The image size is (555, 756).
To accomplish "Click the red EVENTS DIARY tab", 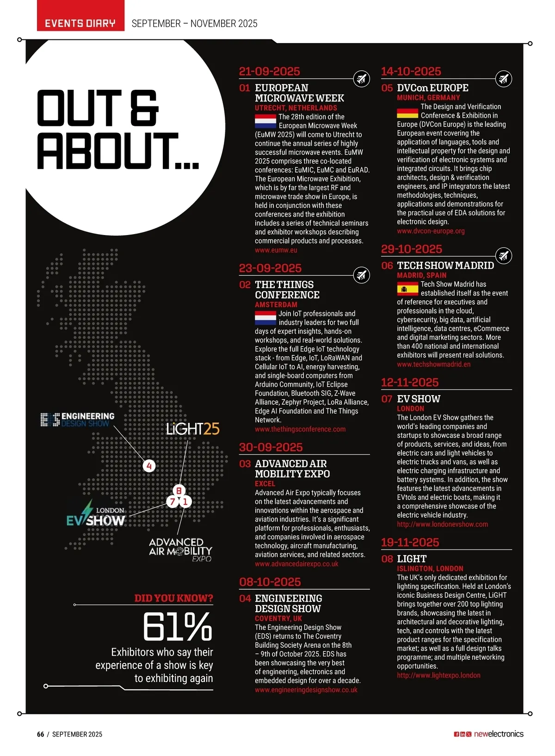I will tap(80, 23).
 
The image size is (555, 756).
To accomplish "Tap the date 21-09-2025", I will tap(269, 71).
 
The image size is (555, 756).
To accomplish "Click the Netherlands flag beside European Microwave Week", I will tap(265, 121).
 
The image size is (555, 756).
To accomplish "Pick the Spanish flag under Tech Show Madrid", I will tap(407, 290).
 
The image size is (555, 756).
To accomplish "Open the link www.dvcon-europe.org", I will tap(431, 231).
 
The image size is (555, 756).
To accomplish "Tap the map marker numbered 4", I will tap(149, 466).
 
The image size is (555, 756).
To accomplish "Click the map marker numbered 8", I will tap(179, 490).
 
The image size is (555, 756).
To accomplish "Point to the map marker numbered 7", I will tap(173, 502).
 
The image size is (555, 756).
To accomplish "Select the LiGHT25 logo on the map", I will tap(193, 429).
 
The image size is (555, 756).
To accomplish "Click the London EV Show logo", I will tap(96, 515).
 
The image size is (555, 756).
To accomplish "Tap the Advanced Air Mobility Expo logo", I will tap(180, 549).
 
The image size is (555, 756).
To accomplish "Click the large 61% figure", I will tap(178, 627).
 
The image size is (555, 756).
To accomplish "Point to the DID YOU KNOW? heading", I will tap(173, 598).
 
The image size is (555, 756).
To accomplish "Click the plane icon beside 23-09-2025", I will tap(361, 275).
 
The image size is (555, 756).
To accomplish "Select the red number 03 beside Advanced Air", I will tap(245, 464).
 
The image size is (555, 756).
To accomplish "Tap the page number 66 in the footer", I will tap(41, 734).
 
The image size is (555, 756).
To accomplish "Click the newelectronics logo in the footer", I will tap(499, 734).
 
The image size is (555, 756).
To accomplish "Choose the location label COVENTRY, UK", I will tap(278, 618).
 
